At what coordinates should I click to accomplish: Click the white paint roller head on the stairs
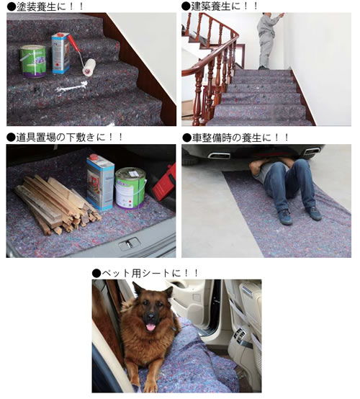[89, 67]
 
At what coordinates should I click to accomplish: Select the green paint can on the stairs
[33, 61]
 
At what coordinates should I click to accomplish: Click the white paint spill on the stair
[71, 87]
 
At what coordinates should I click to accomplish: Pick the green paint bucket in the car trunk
[130, 188]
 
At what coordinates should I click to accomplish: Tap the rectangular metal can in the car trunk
[101, 182]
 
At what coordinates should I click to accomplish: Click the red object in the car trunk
[165, 183]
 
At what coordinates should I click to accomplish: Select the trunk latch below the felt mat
[129, 244]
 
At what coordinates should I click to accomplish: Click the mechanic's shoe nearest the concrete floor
[285, 217]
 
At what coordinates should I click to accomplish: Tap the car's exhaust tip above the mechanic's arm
[219, 156]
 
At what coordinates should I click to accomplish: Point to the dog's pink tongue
[150, 327]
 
